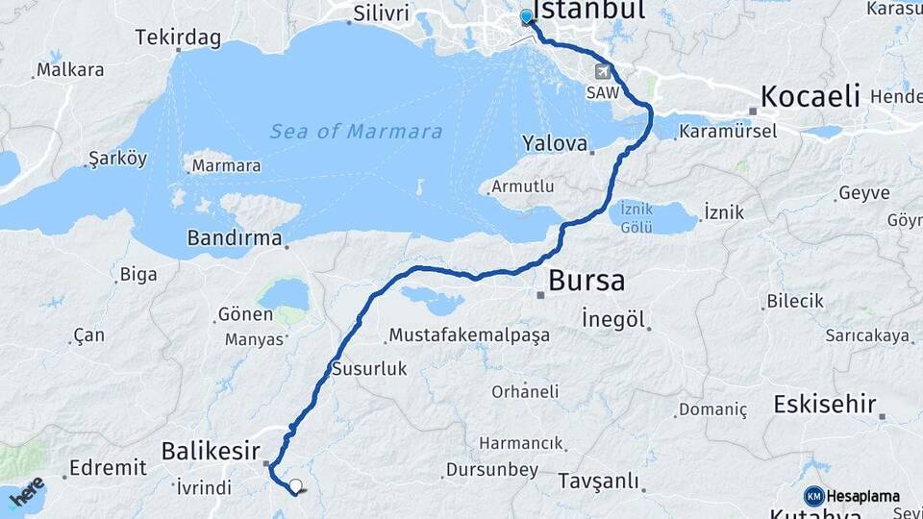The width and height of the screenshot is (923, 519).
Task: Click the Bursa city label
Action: [586, 281]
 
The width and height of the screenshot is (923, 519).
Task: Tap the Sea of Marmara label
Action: [356, 132]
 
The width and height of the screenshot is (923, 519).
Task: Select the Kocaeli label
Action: [810, 96]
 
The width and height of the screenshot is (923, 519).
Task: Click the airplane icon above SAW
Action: [603, 71]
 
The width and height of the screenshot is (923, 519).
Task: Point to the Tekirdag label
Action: [178, 38]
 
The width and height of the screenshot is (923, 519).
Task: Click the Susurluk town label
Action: [369, 368]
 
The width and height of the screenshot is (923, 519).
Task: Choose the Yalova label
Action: [555, 143]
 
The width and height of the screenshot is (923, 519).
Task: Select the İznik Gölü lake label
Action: [636, 217]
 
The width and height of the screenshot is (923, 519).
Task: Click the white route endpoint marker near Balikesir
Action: [295, 486]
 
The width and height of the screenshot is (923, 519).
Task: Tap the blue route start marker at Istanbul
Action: [526, 16]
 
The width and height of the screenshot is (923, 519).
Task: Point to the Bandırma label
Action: [235, 236]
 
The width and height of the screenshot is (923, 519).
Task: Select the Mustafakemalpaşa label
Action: [467, 335]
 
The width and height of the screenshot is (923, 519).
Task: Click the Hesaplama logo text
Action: [862, 496]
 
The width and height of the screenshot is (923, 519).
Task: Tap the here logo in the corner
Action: [27, 490]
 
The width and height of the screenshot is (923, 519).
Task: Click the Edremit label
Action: [108, 468]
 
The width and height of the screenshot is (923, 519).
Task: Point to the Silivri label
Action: [381, 13]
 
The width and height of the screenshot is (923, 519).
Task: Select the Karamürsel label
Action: [727, 131]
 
